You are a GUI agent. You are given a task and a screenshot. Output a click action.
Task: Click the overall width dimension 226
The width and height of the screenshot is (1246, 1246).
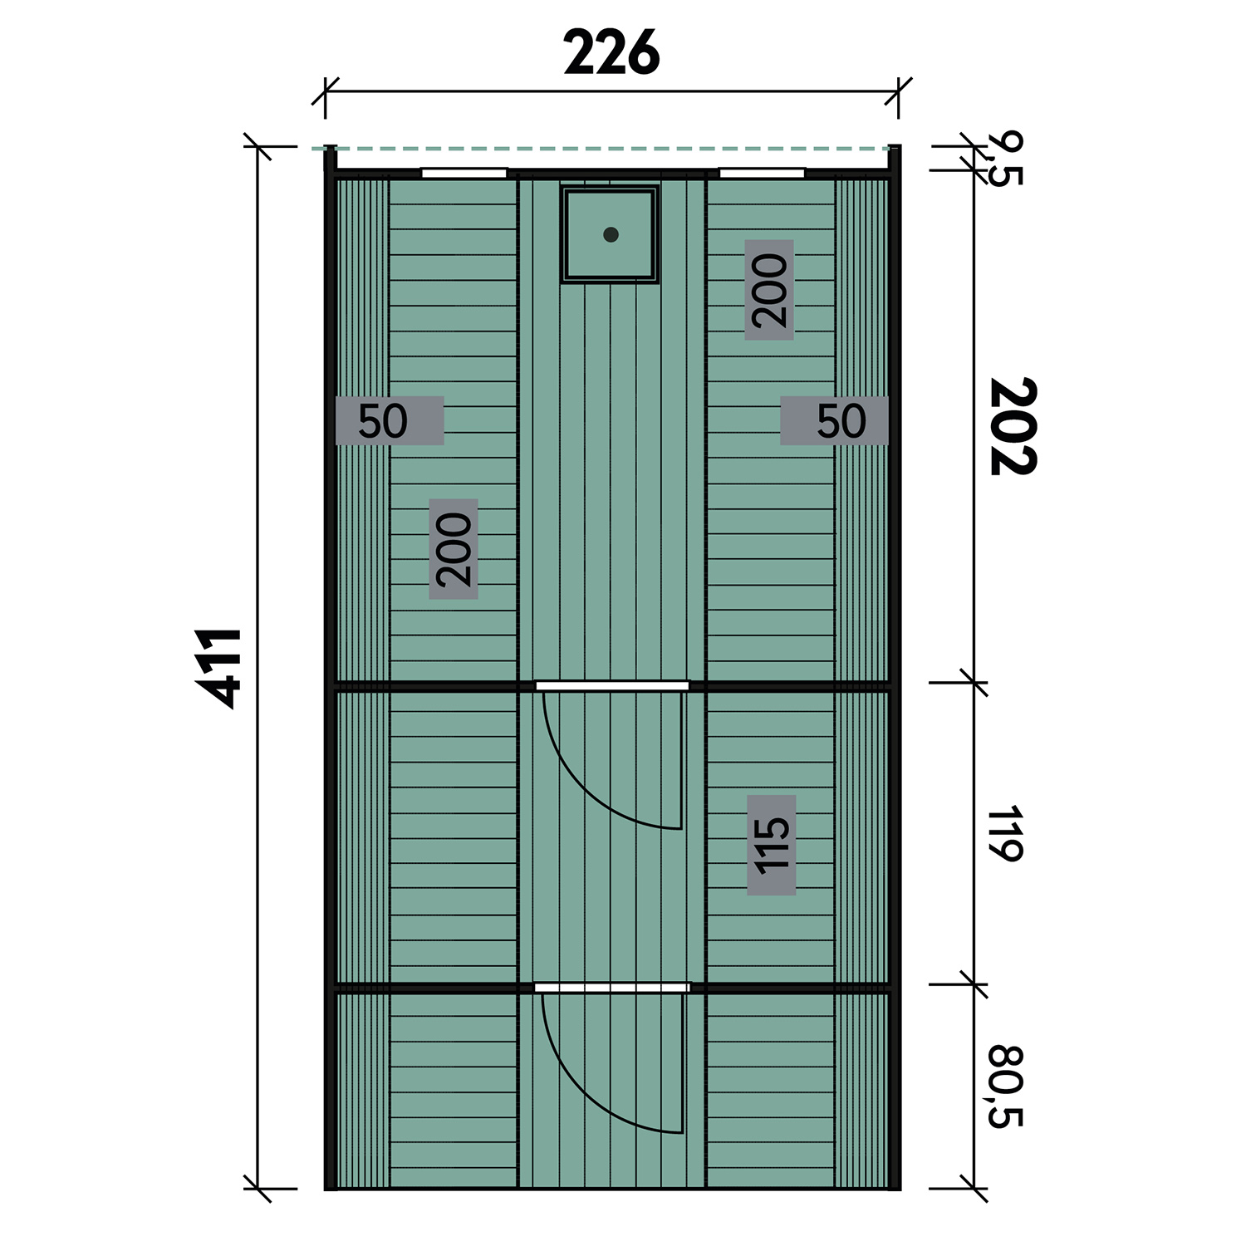click(611, 53)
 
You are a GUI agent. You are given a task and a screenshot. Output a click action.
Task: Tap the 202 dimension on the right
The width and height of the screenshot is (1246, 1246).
click(1013, 426)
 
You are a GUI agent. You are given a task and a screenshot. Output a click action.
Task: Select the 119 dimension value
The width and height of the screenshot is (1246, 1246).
click(1005, 834)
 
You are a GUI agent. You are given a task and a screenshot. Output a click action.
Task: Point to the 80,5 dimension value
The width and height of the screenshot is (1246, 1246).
click(1005, 1087)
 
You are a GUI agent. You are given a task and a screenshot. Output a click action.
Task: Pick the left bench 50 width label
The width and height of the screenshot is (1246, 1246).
click(383, 421)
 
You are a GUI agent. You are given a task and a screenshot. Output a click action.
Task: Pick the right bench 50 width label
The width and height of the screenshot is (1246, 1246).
click(841, 421)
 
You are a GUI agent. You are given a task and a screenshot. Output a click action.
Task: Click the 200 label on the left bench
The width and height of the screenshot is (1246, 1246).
click(454, 549)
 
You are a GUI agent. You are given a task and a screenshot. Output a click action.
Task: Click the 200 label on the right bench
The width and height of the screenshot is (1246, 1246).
click(769, 290)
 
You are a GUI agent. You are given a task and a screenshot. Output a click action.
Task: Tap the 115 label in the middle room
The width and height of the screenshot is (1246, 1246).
click(772, 845)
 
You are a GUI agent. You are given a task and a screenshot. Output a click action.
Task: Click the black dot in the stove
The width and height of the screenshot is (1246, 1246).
click(611, 234)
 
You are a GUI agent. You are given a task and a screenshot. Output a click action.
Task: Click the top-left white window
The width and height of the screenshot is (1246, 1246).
click(464, 173)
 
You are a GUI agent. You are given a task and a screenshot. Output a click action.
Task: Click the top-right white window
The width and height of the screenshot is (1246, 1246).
click(762, 173)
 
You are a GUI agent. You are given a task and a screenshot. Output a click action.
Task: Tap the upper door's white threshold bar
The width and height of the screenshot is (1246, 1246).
click(612, 686)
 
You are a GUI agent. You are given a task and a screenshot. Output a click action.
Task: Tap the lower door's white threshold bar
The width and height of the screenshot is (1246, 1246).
click(612, 988)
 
